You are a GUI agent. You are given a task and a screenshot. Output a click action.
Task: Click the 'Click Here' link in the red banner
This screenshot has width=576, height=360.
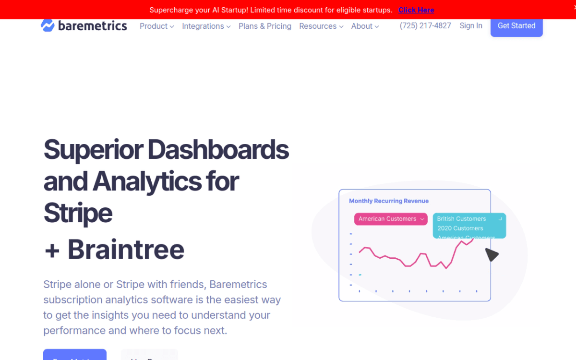416,10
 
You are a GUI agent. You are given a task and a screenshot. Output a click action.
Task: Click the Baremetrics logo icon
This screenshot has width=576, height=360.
48,25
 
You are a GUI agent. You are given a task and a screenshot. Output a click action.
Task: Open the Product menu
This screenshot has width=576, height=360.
156,26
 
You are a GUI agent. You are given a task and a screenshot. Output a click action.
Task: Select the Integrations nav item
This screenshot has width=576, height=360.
206,26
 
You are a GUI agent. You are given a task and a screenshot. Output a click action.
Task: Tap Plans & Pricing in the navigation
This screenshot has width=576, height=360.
265,26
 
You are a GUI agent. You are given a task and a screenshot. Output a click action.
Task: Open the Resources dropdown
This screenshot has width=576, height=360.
321,26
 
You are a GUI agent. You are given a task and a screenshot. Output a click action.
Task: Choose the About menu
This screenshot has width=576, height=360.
365,26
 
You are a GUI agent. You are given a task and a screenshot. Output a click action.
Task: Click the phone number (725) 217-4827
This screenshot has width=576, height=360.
425,26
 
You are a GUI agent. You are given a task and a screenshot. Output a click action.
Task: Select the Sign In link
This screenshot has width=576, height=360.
471,26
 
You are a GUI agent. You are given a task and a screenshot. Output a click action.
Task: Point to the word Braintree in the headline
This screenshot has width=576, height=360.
126,250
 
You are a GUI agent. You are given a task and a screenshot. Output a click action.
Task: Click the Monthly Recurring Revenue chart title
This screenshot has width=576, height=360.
389,201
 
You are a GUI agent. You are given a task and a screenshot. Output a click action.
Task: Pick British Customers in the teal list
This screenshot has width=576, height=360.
461,219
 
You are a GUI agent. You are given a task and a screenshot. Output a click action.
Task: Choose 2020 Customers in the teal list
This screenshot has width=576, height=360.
460,228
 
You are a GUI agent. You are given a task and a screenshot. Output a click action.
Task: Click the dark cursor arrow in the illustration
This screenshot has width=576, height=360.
491,254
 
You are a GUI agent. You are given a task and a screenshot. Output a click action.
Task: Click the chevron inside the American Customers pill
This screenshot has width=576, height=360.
422,219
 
